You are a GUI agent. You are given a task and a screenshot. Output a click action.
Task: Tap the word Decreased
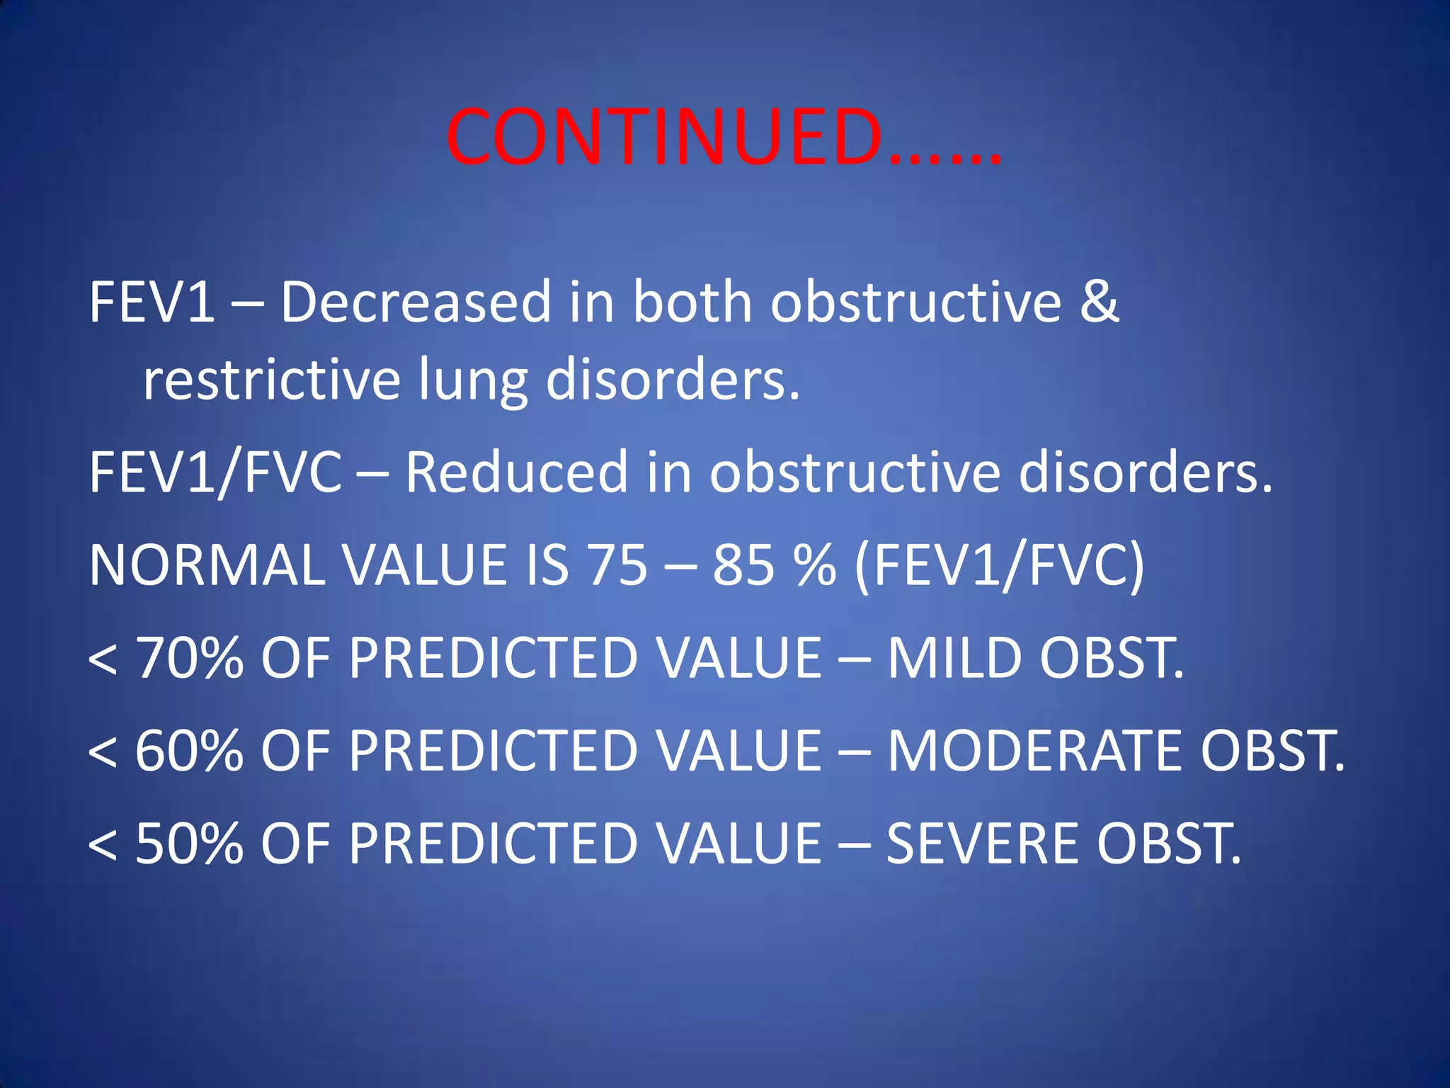tap(416, 302)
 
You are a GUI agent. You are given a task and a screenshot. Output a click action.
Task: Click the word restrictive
tap(272, 379)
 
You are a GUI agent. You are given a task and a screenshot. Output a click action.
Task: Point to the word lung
tap(473, 381)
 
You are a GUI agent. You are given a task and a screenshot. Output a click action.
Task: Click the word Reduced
tap(516, 472)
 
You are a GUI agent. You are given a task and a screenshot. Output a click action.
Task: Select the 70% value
tap(189, 658)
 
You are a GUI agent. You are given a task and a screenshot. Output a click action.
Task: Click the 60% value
tap(189, 751)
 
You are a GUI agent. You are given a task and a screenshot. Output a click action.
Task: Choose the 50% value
tap(189, 844)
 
